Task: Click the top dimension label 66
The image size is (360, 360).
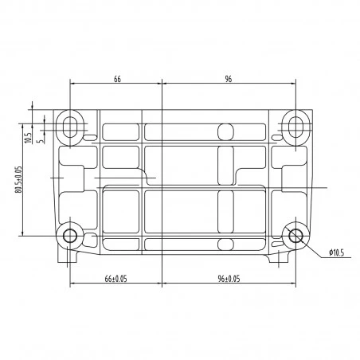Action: click(x=117, y=79)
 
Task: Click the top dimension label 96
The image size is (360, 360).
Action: click(x=229, y=79)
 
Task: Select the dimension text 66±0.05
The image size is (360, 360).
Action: click(x=115, y=279)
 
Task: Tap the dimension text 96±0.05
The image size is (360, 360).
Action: click(x=229, y=279)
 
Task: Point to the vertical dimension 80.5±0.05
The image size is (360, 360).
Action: click(x=18, y=179)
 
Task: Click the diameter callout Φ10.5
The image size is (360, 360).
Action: click(x=336, y=252)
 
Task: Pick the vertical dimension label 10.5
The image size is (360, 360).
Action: click(x=28, y=138)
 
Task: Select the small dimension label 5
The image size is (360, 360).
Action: click(x=41, y=141)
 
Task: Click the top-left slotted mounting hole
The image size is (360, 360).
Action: click(x=70, y=127)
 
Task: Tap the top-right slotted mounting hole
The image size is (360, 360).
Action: click(x=295, y=127)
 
